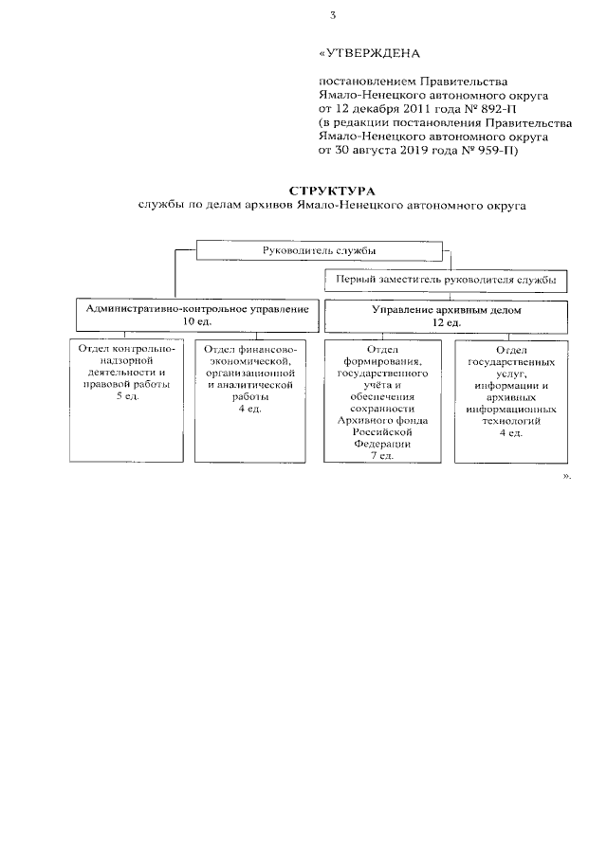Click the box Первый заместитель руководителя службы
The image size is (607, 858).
coord(445,281)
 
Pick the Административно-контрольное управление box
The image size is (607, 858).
coord(197,316)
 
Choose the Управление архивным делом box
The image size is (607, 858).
coord(447,316)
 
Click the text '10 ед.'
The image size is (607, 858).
coord(197,323)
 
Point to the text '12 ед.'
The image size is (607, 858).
coord(447,323)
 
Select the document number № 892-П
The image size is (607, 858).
coord(476,109)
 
